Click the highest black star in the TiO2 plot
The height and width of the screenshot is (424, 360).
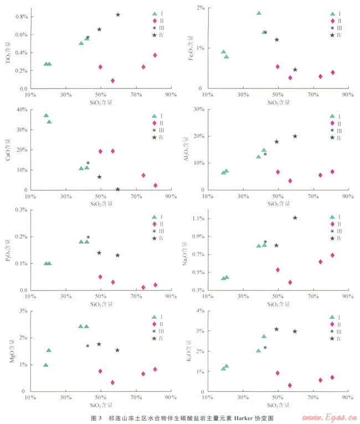118,14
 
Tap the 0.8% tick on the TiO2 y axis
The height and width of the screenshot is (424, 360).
20,17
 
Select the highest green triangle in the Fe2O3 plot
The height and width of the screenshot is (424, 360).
259,13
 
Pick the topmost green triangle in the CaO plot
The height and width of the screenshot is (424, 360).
46,115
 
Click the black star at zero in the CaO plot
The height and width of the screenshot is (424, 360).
118,189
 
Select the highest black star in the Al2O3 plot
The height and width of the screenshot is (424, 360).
295,136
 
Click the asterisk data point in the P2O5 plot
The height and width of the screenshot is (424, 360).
88,237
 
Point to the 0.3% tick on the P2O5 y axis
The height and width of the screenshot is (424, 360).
20,210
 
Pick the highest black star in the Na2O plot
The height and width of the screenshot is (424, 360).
295,218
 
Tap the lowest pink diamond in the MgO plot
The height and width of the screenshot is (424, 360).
112,382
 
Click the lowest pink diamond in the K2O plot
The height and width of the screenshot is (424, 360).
290,385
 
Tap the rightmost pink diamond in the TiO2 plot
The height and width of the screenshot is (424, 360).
155,55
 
